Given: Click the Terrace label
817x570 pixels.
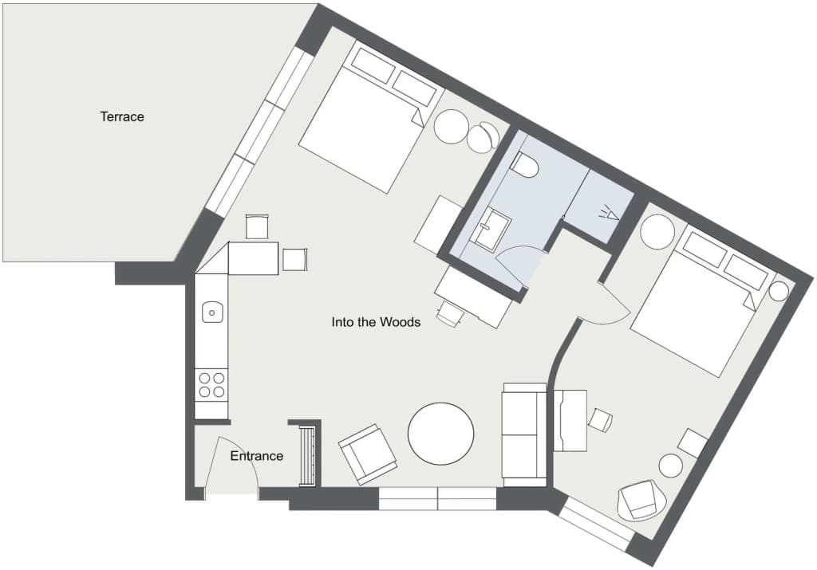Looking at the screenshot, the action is click(x=122, y=116).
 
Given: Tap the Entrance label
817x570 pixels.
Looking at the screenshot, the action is click(x=257, y=456).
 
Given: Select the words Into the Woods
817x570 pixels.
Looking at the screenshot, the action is click(x=376, y=322).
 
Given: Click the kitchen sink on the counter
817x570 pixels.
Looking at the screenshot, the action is click(x=212, y=313).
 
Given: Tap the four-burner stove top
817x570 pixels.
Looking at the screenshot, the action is click(x=211, y=385).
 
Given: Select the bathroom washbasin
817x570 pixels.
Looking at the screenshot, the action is click(x=491, y=227).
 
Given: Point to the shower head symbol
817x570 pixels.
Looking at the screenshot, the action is click(x=609, y=213).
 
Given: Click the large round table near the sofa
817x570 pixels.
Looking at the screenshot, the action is click(x=440, y=434).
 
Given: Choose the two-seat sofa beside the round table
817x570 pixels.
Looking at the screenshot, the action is click(x=524, y=434).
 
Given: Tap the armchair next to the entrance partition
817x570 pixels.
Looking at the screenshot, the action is click(x=367, y=454).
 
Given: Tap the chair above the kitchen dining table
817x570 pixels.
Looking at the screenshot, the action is click(x=257, y=227).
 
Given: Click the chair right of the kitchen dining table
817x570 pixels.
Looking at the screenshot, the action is click(x=295, y=260).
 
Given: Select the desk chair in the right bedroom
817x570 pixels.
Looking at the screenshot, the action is click(x=600, y=420).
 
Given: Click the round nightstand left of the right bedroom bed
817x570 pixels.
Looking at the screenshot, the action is click(x=657, y=233).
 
